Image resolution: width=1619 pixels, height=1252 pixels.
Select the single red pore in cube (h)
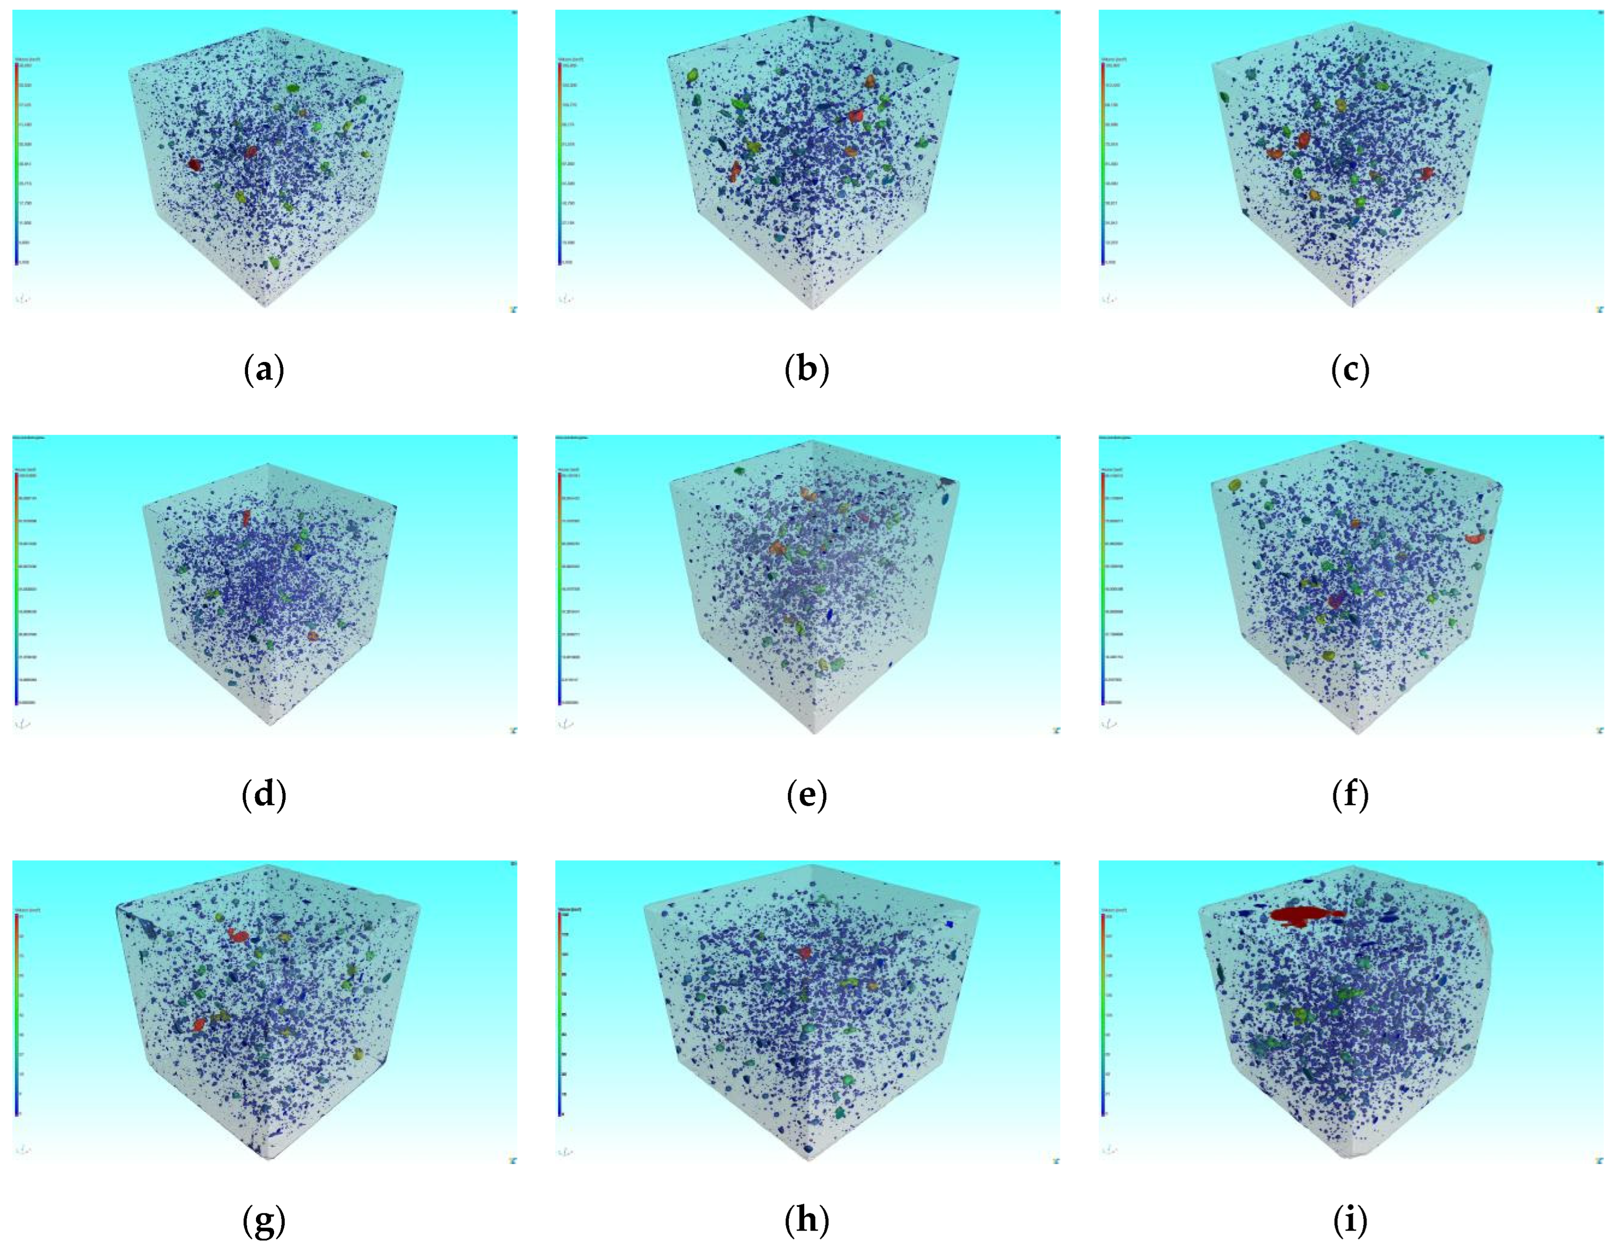point(805,952)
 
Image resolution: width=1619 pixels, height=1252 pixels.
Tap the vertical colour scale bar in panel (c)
point(1102,164)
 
